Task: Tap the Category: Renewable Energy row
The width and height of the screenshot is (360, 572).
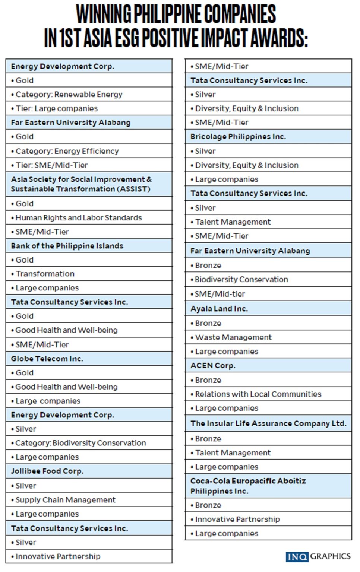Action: pyautogui.click(x=69, y=95)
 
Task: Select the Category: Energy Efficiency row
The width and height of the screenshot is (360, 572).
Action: pyautogui.click(x=67, y=151)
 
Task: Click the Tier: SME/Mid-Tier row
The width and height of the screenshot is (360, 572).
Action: pyautogui.click(x=52, y=165)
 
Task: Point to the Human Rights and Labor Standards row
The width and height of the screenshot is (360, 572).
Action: pyautogui.click(x=79, y=218)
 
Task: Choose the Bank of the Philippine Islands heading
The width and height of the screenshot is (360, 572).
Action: pyautogui.click(x=67, y=246)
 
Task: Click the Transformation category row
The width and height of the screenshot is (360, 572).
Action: pyautogui.click(x=45, y=274)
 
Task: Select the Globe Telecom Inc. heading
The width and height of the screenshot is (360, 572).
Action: pyautogui.click(x=47, y=359)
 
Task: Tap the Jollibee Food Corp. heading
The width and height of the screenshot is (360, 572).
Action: pyautogui.click(x=47, y=471)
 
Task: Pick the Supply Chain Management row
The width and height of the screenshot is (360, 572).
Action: pyautogui.click(x=66, y=500)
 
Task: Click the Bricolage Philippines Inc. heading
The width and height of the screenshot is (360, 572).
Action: pyautogui.click(x=238, y=137)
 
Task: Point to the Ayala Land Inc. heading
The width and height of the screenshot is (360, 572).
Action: pyautogui.click(x=219, y=309)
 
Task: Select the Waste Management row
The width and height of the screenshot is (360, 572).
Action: pyautogui.click(x=234, y=337)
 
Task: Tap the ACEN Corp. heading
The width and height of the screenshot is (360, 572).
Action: pyautogui.click(x=213, y=366)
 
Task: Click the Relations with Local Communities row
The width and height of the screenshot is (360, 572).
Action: pyautogui.click(x=258, y=394)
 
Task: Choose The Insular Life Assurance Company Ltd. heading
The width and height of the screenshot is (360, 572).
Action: pyautogui.click(x=268, y=423)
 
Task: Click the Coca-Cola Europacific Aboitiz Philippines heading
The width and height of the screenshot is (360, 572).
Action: pyautogui.click(x=248, y=486)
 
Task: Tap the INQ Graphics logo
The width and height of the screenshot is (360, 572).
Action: pyautogui.click(x=318, y=556)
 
